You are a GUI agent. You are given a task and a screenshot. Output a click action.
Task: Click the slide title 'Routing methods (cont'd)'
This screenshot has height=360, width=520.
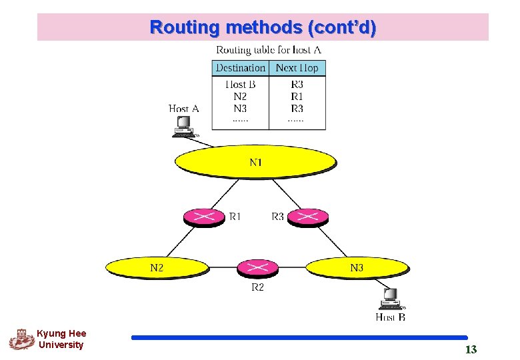click(263, 28)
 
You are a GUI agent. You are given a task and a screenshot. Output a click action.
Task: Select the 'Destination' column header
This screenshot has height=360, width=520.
click(240, 68)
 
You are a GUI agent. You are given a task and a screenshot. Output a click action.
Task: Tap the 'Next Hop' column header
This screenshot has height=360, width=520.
click(297, 68)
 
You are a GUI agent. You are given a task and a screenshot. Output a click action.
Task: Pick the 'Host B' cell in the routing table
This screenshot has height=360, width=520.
click(240, 85)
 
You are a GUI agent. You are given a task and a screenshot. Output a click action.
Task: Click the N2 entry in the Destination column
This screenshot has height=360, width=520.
click(240, 97)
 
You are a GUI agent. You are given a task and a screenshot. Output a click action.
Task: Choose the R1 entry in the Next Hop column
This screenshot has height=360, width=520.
click(297, 97)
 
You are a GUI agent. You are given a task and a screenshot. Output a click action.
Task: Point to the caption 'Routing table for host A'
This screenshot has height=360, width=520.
click(269, 50)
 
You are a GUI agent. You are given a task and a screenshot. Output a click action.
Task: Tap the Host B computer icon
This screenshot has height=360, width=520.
click(389, 299)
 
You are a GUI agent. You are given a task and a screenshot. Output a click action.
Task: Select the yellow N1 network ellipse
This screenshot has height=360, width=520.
click(255, 162)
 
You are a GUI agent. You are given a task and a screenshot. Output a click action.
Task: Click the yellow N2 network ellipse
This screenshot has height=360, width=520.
click(157, 268)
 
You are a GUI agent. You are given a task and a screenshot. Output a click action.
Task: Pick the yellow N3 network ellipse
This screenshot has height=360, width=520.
click(357, 268)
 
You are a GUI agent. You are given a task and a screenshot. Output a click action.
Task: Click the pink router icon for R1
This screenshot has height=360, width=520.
click(204, 217)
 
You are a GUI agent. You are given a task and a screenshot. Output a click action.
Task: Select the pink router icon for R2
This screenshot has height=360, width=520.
click(257, 269)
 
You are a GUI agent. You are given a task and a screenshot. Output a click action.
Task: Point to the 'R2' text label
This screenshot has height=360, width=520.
click(257, 288)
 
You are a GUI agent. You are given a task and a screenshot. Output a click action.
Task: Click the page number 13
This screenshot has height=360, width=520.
click(471, 350)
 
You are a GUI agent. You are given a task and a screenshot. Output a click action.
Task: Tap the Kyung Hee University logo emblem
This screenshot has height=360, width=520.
click(21, 339)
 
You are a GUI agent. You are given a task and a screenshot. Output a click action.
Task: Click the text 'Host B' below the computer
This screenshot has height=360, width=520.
click(390, 317)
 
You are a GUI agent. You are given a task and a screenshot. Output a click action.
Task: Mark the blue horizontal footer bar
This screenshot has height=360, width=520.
click(299, 338)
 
